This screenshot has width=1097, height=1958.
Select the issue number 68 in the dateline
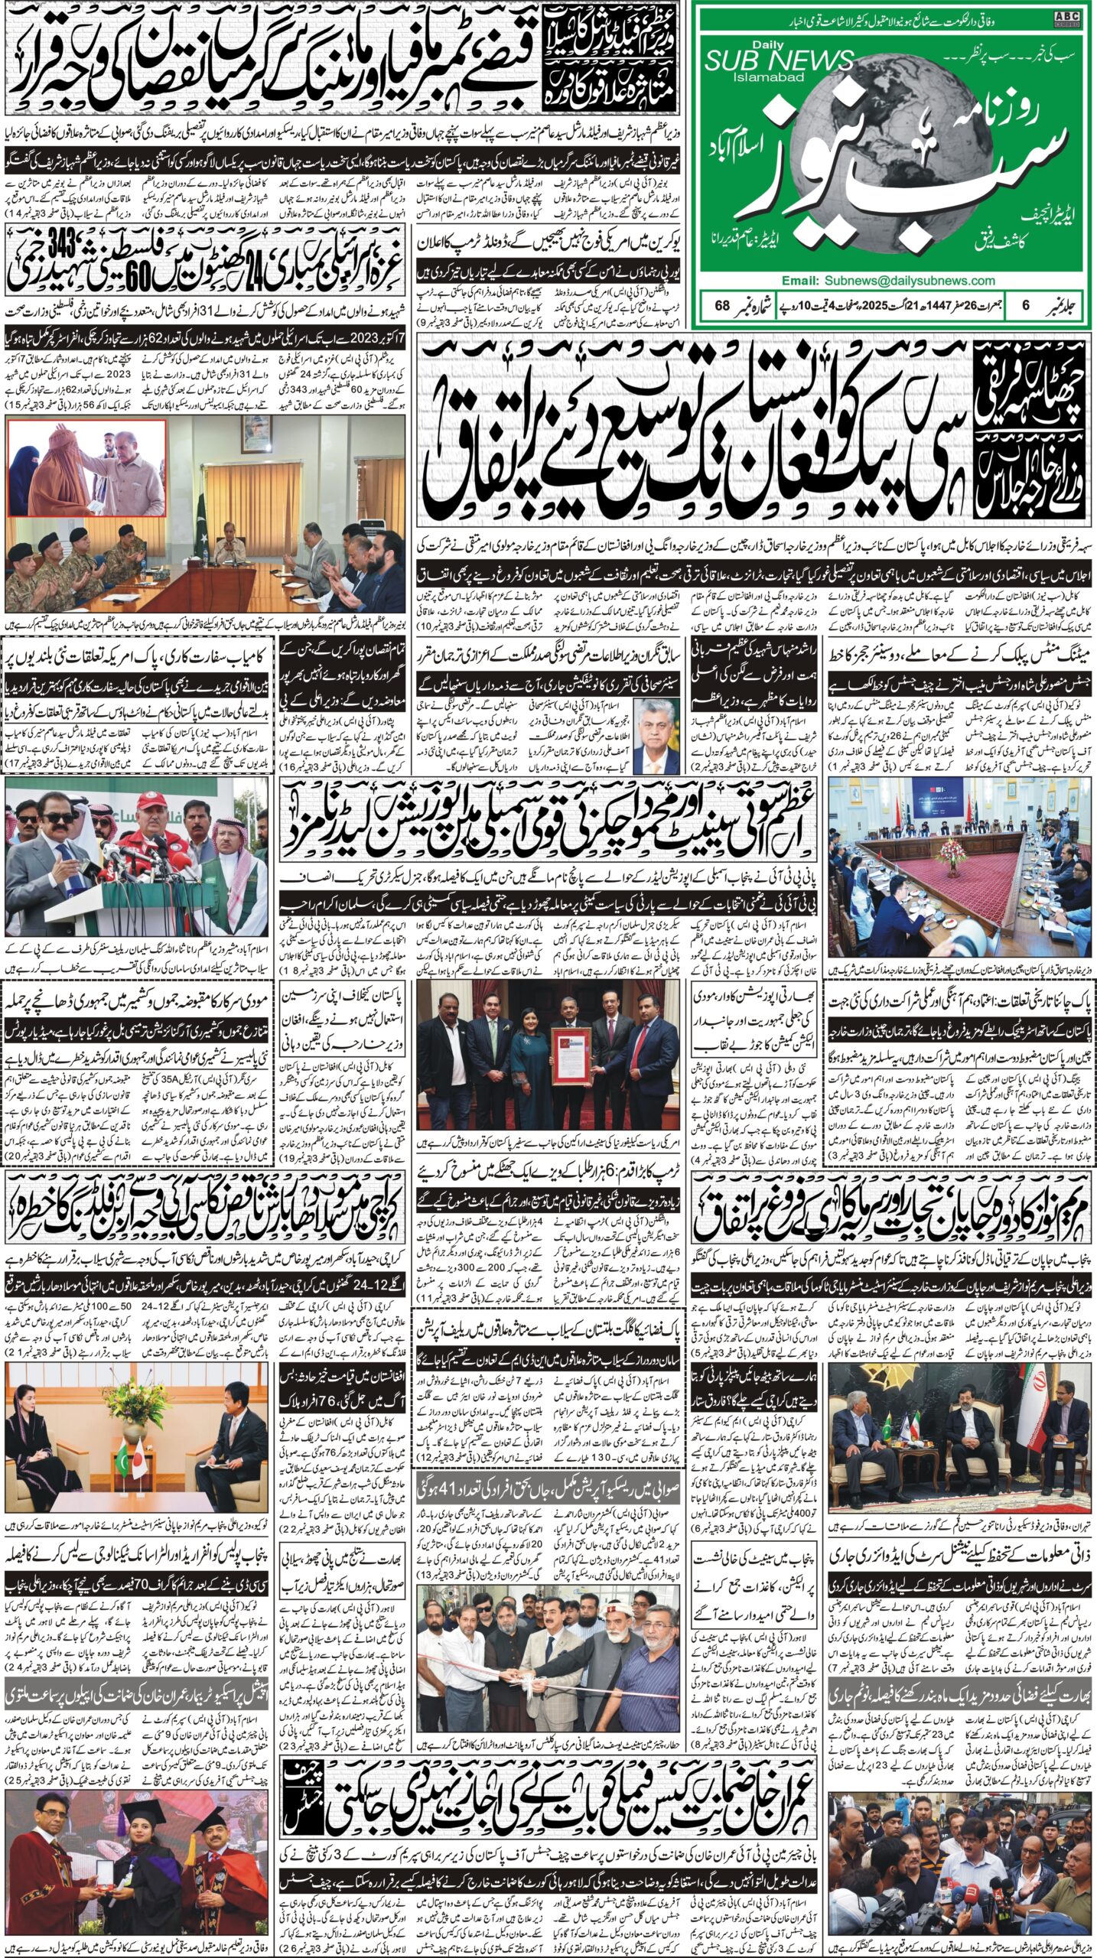coord(722,306)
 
